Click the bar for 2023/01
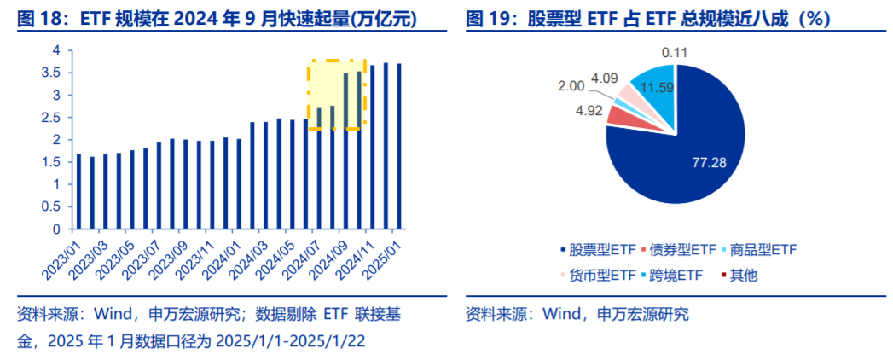click(x=79, y=191)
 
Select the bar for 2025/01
click(x=399, y=146)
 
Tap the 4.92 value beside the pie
click(x=589, y=110)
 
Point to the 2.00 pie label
click(x=571, y=86)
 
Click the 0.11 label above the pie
click(x=675, y=53)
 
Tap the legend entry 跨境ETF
click(x=676, y=275)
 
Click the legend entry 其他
click(x=743, y=275)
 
